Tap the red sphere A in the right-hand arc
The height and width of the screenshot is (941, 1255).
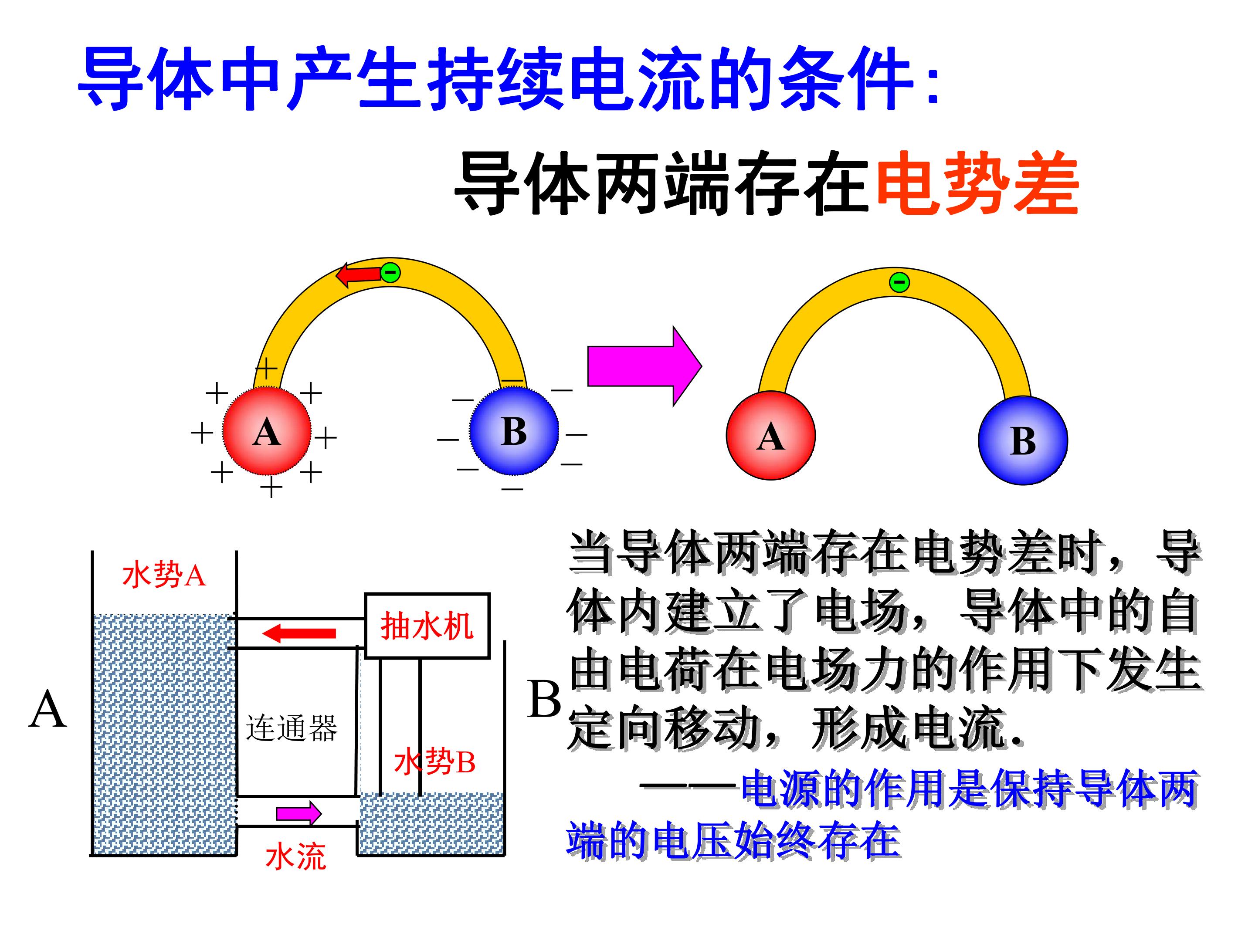(770, 435)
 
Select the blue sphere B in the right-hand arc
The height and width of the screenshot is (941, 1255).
(1022, 440)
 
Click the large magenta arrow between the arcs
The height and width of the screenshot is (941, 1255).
(644, 366)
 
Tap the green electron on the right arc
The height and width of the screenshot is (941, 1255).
(899, 281)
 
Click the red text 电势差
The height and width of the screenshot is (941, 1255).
(977, 183)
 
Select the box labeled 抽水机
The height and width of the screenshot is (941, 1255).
(427, 626)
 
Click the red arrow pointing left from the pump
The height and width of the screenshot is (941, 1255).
(299, 633)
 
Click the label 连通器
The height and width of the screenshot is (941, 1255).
(292, 728)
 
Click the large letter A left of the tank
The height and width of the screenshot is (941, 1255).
(47, 710)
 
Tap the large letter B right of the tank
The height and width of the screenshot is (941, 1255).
(544, 699)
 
